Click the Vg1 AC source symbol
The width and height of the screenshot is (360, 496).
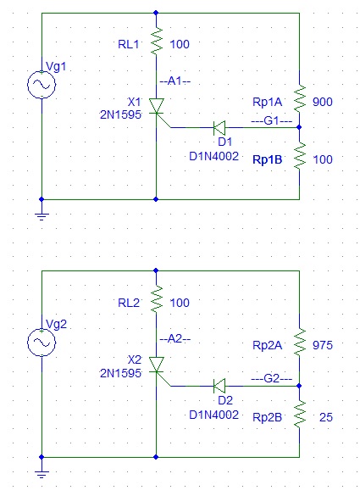click(42, 85)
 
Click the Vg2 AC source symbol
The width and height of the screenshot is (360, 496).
click(42, 343)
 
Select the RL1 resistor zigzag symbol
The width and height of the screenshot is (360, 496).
click(157, 42)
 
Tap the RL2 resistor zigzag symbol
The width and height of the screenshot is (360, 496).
click(157, 299)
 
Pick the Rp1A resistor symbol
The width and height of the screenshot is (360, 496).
click(300, 98)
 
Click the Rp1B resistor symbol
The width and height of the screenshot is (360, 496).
click(300, 156)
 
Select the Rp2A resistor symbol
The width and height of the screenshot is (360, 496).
click(300, 343)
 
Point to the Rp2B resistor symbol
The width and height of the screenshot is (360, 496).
click(300, 415)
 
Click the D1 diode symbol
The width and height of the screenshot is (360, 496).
click(219, 127)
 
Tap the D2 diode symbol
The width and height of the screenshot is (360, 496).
click(219, 386)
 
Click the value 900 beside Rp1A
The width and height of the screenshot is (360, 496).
click(323, 102)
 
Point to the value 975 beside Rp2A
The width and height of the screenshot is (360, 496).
click(323, 345)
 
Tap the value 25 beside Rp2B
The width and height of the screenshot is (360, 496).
click(326, 417)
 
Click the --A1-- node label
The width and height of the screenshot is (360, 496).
click(175, 81)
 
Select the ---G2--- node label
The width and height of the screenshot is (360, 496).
click(272, 378)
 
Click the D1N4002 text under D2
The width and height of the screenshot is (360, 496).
click(213, 415)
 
